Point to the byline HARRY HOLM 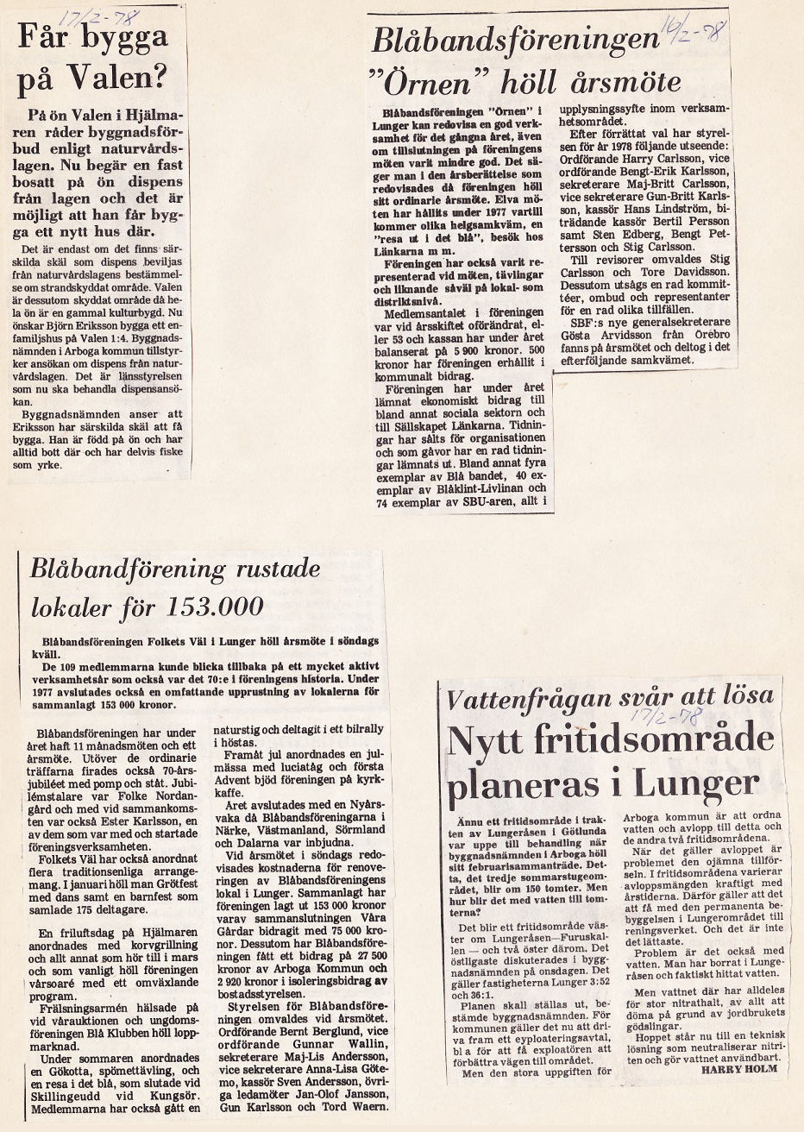pyautogui.click(x=738, y=1069)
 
